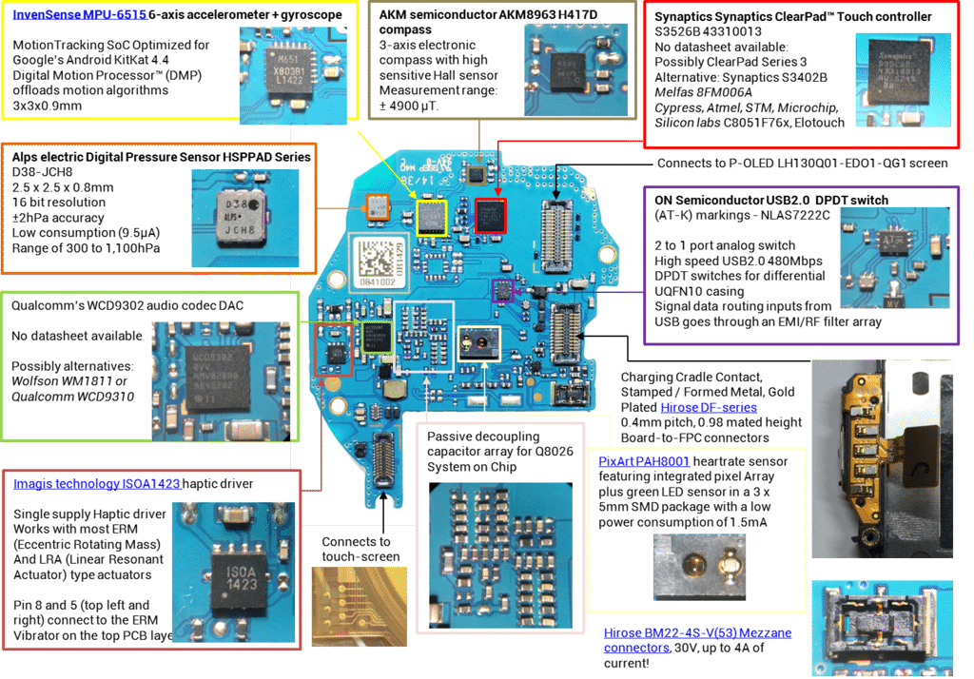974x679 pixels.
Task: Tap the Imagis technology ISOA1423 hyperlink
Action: [x=96, y=484]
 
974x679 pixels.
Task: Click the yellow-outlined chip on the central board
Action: [x=431, y=218]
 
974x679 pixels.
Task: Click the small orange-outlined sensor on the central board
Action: [x=378, y=203]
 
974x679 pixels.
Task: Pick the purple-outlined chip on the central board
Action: [x=501, y=290]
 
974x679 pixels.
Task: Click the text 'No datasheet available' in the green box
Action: [x=77, y=336]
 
